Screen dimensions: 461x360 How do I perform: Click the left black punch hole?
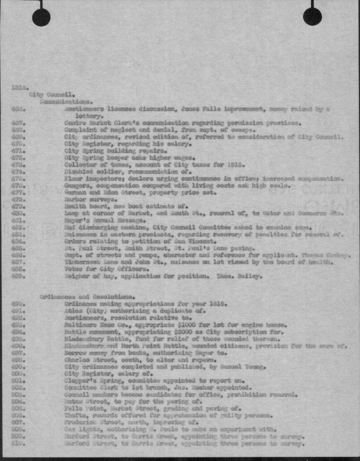pyautogui.click(x=41, y=17)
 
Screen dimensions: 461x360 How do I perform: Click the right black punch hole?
pyautogui.click(x=312, y=17)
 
